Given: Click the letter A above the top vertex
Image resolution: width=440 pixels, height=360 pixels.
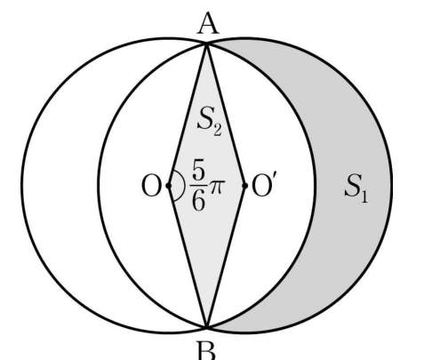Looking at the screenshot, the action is coord(208,24).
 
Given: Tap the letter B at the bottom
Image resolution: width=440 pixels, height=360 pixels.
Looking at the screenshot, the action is coord(206,351).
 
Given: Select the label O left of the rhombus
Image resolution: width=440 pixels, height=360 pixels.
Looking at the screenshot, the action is coord(151,186).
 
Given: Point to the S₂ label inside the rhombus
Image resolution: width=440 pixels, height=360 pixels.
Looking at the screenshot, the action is coord(209,122).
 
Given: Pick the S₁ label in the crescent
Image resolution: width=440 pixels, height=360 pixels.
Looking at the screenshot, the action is coord(356,188).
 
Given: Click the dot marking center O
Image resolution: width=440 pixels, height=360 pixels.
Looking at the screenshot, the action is coord(169,186).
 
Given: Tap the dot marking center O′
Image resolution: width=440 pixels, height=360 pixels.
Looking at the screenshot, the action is coord(244,186).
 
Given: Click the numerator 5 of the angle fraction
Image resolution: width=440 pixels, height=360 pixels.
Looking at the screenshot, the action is coord(198,171).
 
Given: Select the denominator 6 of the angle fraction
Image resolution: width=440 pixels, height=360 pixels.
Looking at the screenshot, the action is coord(198,200).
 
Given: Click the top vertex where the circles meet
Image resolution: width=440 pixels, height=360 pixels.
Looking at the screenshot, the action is coord(206,44).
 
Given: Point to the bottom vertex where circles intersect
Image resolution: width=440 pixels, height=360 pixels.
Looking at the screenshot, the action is coord(207,327).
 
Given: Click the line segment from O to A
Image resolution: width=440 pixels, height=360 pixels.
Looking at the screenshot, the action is coord(188,115).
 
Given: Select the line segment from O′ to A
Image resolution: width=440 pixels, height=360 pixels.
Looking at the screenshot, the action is coord(226,115).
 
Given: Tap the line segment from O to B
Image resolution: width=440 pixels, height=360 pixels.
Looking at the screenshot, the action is coord(188,257).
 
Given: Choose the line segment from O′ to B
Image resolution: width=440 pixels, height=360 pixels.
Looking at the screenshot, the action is coord(226,257).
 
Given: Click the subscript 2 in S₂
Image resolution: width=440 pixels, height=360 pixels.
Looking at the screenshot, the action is coord(217,131).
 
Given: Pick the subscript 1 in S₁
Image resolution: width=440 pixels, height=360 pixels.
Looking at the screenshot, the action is coord(364,197).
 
